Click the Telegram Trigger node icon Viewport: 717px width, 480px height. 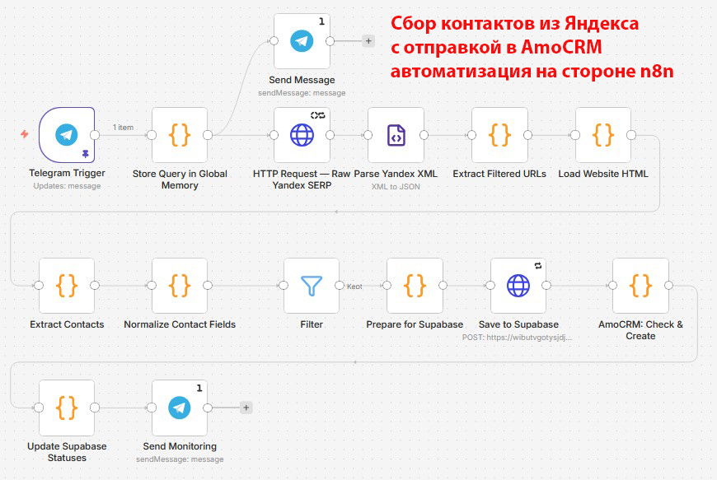tap(67, 135)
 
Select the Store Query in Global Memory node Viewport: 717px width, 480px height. tap(180, 135)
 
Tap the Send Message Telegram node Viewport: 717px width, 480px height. tap(302, 41)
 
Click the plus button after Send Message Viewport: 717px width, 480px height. tap(368, 41)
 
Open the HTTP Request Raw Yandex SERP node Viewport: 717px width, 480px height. tap(302, 135)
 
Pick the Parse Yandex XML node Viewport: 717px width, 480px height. tap(396, 135)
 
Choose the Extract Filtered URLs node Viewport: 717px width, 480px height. tap(499, 135)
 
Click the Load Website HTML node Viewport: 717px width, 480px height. tap(603, 135)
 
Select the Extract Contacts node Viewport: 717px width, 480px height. tap(67, 286)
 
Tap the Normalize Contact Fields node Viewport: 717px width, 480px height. tap(180, 286)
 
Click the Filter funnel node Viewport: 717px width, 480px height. tap(312, 286)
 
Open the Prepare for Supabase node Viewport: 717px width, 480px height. tap(415, 286)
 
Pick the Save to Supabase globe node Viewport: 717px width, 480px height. tap(518, 286)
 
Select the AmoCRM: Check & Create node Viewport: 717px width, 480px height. tap(640, 286)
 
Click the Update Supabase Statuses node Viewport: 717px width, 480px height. tap(67, 408)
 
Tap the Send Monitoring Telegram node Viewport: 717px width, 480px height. tap(180, 408)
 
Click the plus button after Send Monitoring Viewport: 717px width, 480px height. tap(246, 408)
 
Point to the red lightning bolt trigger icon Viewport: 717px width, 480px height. tap(25, 134)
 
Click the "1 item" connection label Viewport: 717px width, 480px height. tap(123, 128)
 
